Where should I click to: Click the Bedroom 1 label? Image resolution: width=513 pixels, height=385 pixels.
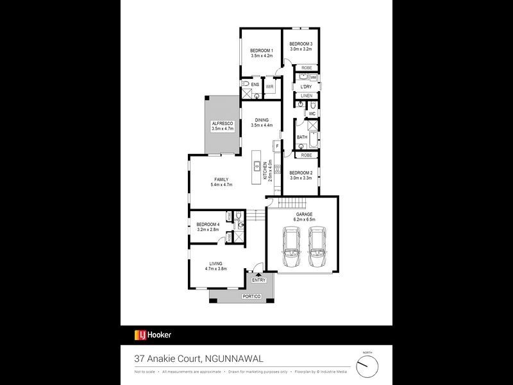[262, 51]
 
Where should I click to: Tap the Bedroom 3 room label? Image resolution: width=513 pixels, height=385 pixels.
[300, 44]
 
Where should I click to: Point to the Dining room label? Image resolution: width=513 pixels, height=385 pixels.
[262, 120]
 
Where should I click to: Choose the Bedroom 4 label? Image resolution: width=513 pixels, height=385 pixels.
[208, 224]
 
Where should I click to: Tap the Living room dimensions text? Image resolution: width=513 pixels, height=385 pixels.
[217, 269]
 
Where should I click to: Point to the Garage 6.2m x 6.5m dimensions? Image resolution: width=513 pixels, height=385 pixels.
[303, 219]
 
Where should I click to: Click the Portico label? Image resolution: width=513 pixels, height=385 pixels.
[251, 296]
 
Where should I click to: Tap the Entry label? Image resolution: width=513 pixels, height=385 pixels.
[259, 280]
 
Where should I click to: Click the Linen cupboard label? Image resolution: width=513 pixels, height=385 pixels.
[307, 96]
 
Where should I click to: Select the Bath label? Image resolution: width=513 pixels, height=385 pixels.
[302, 137]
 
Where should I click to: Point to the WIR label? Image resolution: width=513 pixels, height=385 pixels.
[270, 86]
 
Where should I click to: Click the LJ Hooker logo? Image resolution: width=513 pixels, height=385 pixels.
[152, 334]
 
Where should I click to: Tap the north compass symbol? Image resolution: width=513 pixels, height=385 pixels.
[367, 365]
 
